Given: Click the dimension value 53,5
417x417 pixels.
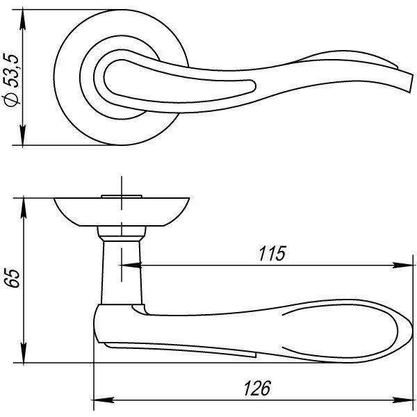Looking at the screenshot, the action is click(x=11, y=70).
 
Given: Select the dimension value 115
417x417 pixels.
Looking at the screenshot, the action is click(x=272, y=253).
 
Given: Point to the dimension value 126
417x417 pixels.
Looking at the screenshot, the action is click(x=257, y=388).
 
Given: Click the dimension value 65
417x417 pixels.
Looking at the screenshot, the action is click(x=13, y=279).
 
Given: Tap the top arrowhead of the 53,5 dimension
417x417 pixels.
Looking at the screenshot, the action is click(x=23, y=19).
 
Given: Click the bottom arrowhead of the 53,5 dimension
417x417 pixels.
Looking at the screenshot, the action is click(x=23, y=136).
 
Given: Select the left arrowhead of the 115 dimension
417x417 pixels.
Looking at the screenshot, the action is click(x=131, y=265).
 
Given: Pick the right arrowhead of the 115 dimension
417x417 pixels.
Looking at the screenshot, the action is click(x=403, y=265).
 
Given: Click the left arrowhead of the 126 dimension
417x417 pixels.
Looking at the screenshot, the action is click(x=104, y=400).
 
